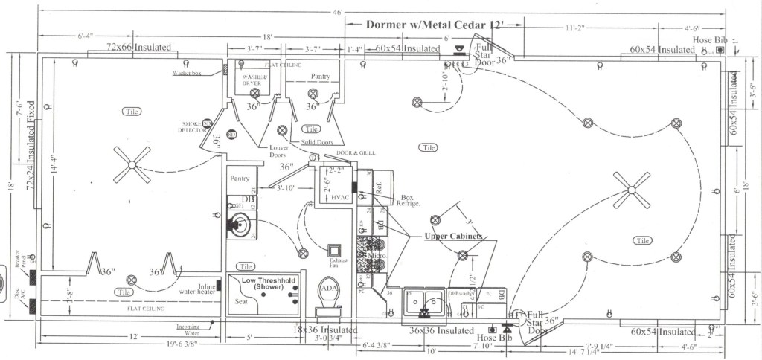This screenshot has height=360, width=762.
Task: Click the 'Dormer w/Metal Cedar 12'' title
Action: tap(435, 24)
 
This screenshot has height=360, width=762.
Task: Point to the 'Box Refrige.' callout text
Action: tap(410, 201)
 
